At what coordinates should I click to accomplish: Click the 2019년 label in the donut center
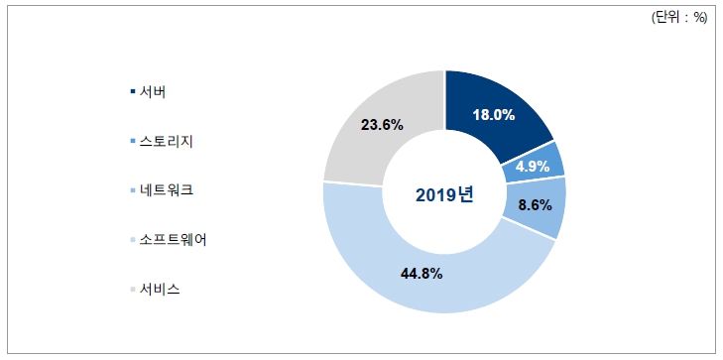(x=444, y=193)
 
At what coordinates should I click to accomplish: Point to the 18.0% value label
(x=492, y=115)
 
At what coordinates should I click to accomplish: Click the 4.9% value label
(x=532, y=166)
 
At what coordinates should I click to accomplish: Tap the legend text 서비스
(x=160, y=289)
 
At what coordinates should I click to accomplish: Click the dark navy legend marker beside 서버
(x=133, y=93)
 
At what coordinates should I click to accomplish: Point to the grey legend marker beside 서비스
(x=133, y=290)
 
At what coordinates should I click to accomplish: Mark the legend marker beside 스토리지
(x=133, y=142)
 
